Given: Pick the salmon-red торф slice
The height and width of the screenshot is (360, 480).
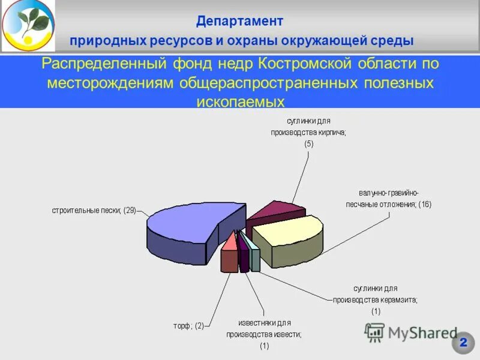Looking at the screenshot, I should click(229, 255).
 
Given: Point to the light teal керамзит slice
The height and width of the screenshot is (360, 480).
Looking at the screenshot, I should click(256, 259).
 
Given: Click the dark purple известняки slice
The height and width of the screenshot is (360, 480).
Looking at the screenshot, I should click(244, 257).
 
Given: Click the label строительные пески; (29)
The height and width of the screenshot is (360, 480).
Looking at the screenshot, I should click(94, 211).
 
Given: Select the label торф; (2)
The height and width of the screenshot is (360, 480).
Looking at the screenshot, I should click(189, 326).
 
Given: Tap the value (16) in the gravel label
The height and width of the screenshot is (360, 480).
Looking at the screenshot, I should click(425, 205).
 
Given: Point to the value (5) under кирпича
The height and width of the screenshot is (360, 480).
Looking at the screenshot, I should click(308, 144).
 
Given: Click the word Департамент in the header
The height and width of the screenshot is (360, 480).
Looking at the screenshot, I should click(239, 22).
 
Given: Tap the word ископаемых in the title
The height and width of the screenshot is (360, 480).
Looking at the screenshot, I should click(240, 100).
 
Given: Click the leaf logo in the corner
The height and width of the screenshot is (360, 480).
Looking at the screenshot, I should click(27, 25).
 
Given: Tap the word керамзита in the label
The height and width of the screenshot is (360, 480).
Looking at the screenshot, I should click(396, 299).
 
